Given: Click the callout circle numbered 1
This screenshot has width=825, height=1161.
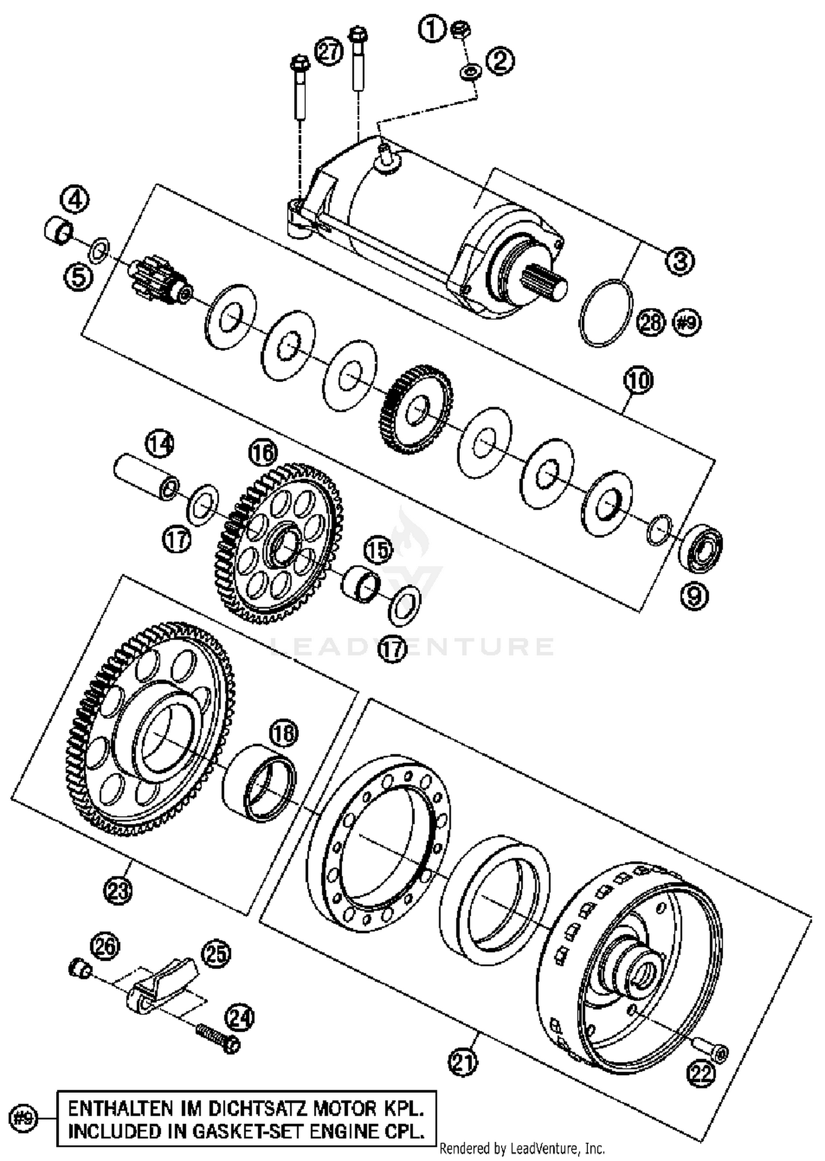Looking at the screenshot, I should (x=432, y=30).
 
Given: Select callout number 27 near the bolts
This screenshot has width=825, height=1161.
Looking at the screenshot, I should (x=329, y=52).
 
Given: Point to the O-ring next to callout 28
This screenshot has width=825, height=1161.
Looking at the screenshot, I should (x=606, y=313).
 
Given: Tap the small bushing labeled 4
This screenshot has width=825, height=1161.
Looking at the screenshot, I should (x=58, y=230).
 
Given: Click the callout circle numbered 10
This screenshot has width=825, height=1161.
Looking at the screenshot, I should (x=638, y=381).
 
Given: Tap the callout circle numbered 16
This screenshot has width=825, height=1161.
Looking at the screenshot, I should (x=263, y=453).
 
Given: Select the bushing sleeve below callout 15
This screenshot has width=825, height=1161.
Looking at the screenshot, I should (x=361, y=585).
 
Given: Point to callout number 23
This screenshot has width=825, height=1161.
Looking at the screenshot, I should (x=118, y=889).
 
